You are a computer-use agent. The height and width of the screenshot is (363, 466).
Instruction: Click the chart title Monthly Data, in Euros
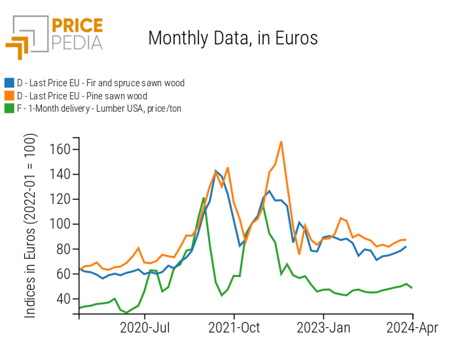pos(233,38)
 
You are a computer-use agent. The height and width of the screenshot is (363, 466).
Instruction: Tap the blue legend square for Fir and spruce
pos(9,83)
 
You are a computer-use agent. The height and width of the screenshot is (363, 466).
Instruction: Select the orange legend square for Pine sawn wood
pos(9,96)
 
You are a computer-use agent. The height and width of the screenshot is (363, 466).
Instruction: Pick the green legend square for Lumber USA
pos(9,108)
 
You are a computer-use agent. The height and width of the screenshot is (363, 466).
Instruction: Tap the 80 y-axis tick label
pos(62,249)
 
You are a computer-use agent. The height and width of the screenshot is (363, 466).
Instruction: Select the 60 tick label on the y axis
pos(62,274)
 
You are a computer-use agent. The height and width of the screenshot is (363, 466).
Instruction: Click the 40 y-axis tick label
pos(62,299)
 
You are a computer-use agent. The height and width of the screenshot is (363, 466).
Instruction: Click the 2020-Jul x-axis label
pos(144,329)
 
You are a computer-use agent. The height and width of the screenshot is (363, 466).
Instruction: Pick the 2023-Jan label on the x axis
pos(324,329)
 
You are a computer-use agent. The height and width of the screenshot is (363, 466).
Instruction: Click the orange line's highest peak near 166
pos(281,142)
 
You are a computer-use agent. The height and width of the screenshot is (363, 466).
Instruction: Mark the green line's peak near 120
pos(204,198)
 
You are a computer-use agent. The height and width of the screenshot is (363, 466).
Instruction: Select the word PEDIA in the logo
pos(77,42)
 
